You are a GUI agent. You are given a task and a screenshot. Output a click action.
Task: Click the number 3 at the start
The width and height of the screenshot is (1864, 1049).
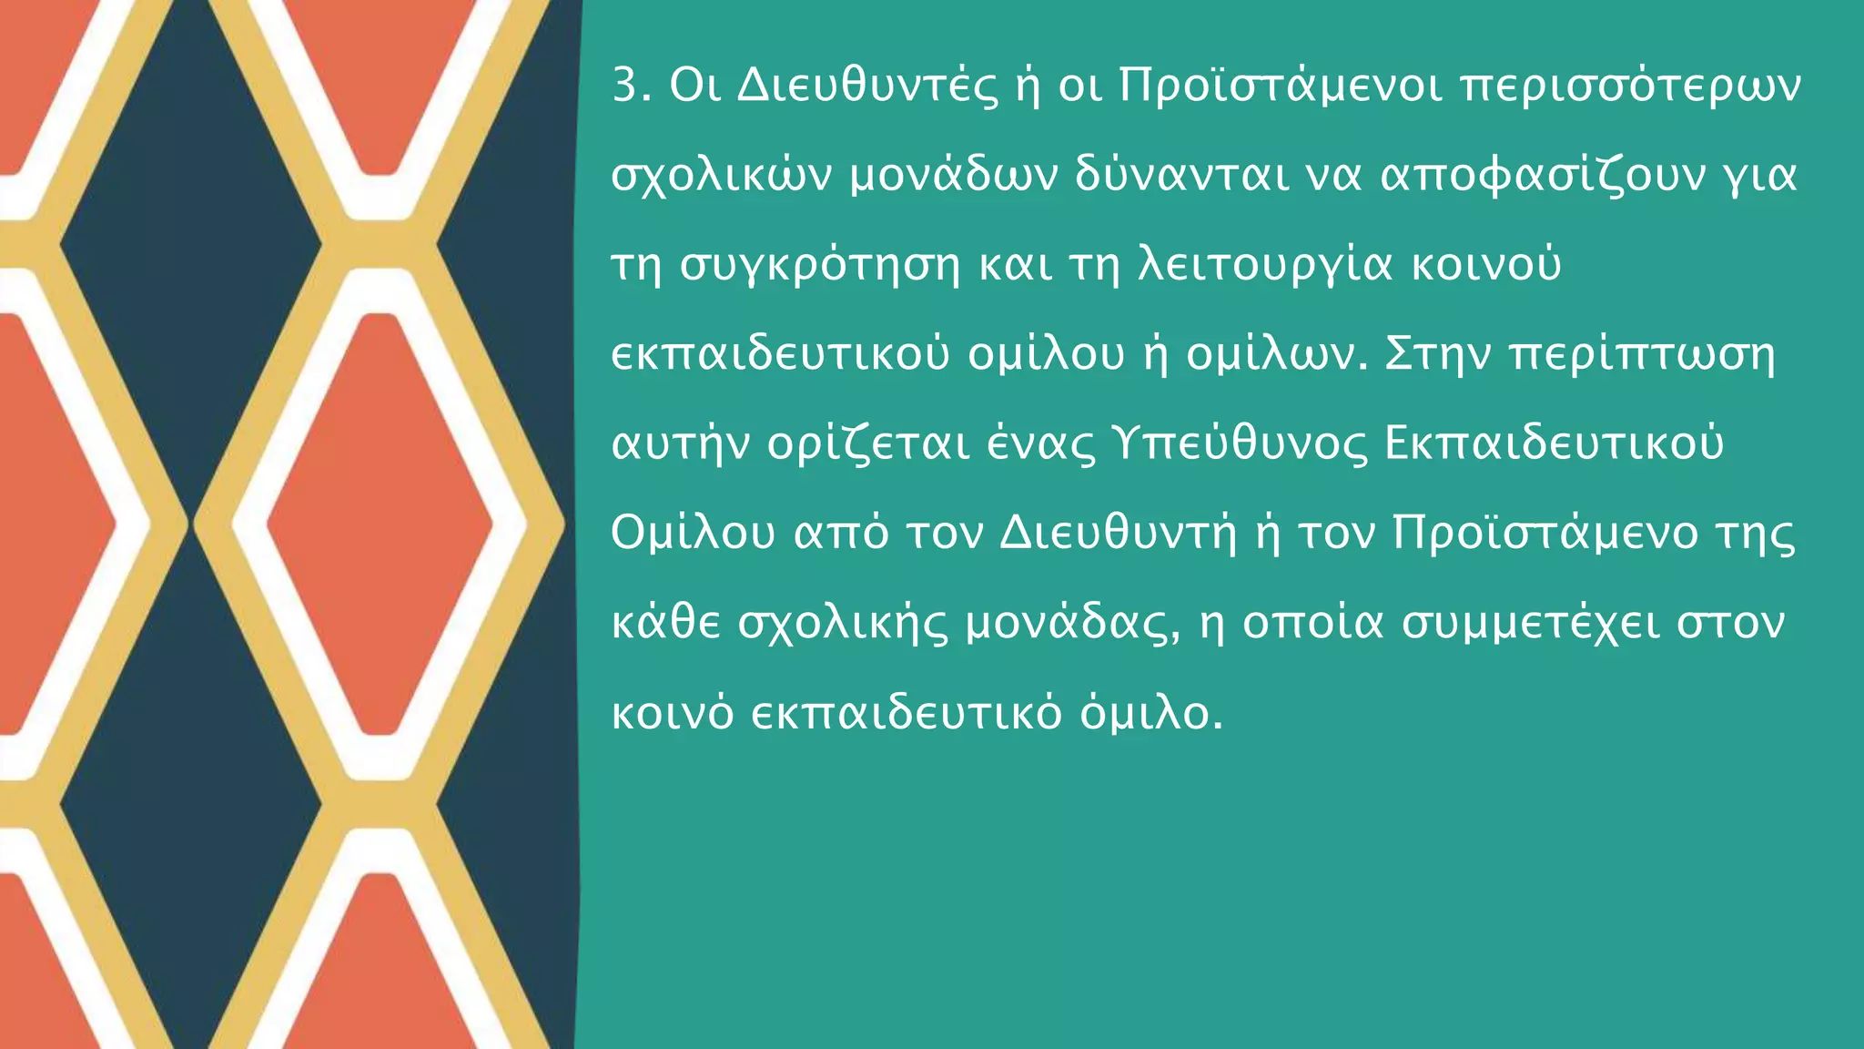tap(627, 86)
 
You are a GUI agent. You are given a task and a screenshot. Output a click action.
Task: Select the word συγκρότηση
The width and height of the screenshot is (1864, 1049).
tap(820, 265)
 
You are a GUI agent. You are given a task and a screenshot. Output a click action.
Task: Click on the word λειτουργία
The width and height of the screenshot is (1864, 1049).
tap(1266, 265)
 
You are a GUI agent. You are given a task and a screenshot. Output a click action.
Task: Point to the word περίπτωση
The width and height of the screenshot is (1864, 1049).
tap(1642, 354)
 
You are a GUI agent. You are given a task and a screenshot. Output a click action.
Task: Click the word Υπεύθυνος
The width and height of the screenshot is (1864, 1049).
tap(1240, 444)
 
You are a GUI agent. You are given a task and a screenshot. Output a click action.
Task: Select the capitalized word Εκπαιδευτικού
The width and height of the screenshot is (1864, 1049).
tap(1553, 444)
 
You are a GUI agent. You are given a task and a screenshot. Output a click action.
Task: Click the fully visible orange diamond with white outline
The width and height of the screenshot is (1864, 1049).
tap(380, 524)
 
